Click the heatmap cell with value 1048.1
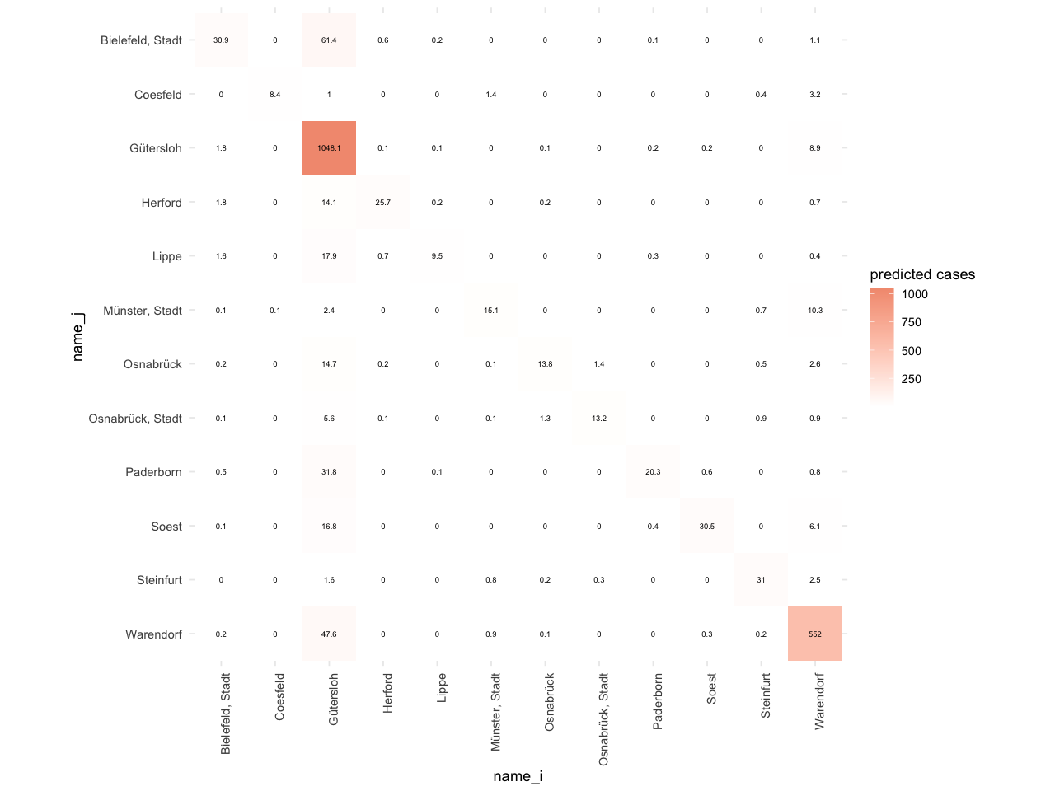point(329,148)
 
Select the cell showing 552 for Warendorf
point(815,634)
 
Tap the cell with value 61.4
point(329,40)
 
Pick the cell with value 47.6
point(329,634)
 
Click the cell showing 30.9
point(221,40)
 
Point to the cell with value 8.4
point(275,95)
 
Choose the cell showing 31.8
point(329,472)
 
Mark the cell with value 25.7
point(383,203)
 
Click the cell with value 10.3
point(815,311)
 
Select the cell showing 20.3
point(653,472)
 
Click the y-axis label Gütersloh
point(156,148)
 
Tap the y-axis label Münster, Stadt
point(143,311)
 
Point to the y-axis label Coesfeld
point(158,95)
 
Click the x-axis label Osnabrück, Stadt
point(603,719)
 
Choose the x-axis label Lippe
point(442,687)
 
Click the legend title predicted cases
point(922,274)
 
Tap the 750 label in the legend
point(912,322)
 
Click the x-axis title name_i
point(518,776)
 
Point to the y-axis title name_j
point(77,336)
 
